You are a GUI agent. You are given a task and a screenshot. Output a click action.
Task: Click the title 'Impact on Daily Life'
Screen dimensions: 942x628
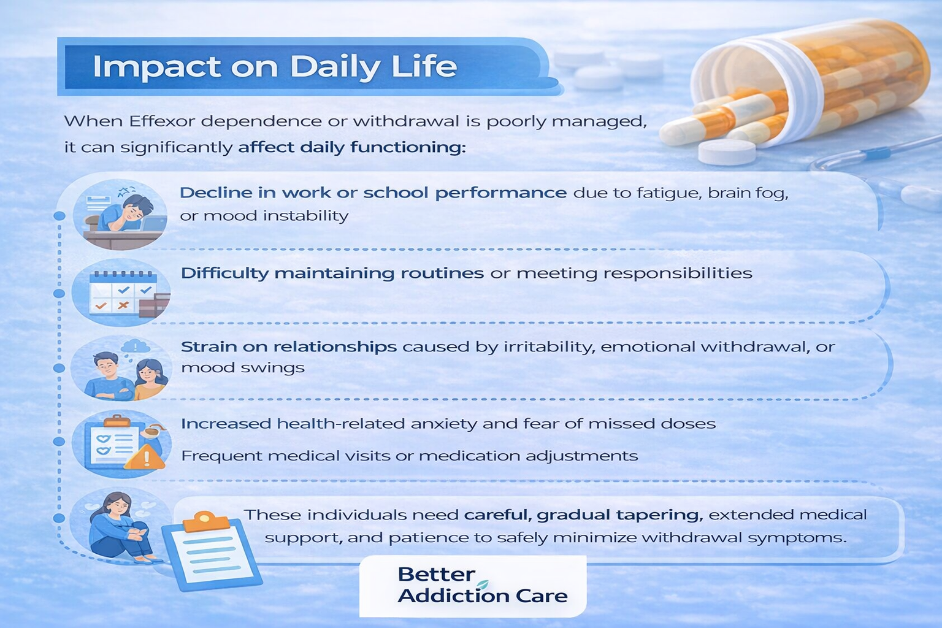tap(275, 66)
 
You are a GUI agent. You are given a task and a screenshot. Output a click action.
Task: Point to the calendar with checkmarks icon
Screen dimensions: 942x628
tap(122, 293)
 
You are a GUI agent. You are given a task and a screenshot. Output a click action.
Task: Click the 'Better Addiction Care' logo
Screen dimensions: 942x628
tap(473, 586)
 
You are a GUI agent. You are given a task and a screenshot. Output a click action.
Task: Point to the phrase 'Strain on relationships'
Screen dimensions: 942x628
tap(289, 347)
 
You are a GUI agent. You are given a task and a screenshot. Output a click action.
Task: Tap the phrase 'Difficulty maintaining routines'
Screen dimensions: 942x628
tap(332, 274)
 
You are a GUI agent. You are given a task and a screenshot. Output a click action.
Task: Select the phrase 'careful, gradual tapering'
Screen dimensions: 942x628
tap(583, 515)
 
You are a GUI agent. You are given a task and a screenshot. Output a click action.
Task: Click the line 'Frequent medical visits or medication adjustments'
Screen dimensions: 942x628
tap(409, 456)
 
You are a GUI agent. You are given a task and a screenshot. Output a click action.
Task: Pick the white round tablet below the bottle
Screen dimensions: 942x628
tap(726, 151)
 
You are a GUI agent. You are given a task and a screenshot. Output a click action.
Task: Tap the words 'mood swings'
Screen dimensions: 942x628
tap(243, 367)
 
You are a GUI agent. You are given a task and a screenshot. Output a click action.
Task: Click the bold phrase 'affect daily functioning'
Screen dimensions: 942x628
tap(351, 148)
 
